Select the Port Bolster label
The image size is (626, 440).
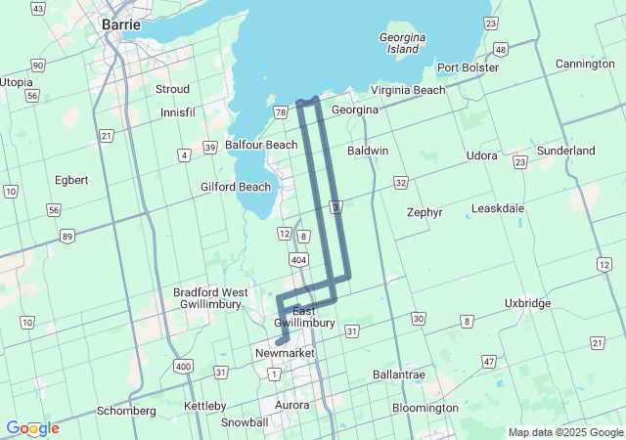pos(468,67)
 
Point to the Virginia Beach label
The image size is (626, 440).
pos(408,90)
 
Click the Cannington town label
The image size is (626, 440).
pos(584,64)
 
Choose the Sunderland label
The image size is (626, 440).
pos(565,152)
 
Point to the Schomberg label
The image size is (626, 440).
pos(126,411)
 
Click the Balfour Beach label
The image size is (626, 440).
pos(261,145)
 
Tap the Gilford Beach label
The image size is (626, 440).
pos(236,187)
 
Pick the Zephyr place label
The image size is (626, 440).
pos(424,211)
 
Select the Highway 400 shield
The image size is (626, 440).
pos(183,365)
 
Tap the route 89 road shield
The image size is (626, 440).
pos(67,236)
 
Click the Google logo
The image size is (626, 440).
pos(32,428)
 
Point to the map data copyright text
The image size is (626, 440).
pos(564,432)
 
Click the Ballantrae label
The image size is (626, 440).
pos(402,374)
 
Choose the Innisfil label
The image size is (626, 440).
pos(179,112)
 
